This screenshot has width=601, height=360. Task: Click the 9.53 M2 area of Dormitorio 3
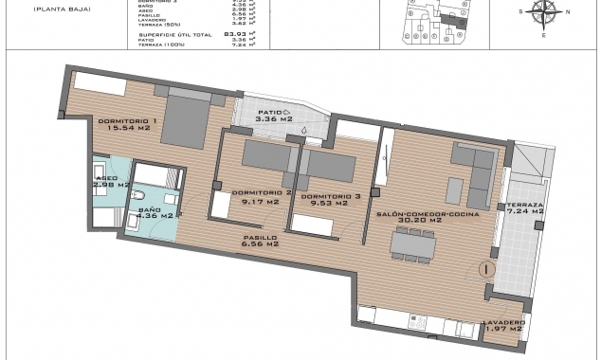330,202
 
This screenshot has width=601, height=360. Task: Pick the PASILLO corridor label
261,237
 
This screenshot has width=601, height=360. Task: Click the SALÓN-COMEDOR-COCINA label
427,215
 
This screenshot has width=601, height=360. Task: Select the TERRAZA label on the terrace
524,205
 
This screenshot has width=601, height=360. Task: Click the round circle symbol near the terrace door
486,268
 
